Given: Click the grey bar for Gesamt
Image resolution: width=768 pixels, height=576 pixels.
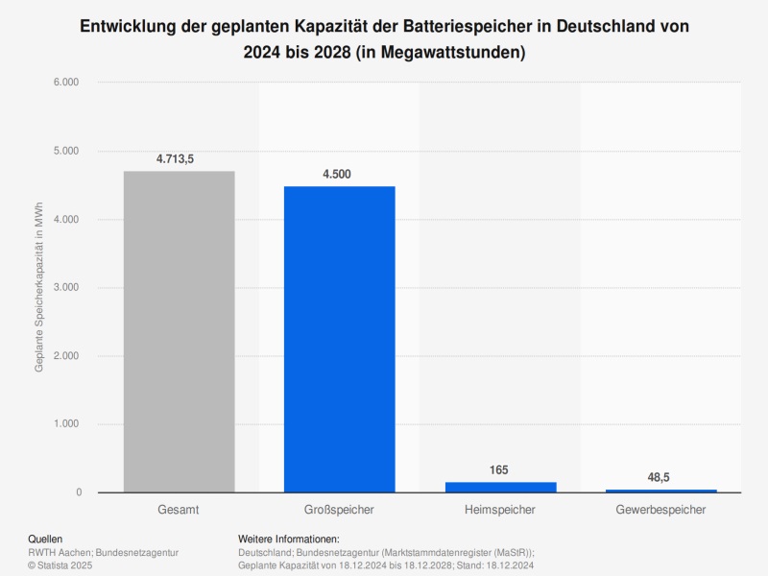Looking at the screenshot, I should tap(179, 331).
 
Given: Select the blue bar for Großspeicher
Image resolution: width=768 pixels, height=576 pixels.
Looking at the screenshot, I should tap(339, 339).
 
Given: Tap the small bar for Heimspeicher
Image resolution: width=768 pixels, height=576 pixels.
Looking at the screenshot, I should tap(500, 487).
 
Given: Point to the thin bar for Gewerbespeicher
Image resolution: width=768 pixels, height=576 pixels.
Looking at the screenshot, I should tap(660, 491).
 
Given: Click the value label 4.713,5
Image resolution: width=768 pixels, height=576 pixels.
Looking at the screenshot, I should tap(175, 158).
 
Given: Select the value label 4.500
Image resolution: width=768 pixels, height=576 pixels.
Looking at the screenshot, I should tap(339, 174).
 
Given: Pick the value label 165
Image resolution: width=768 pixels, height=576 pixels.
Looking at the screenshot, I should tap(498, 469).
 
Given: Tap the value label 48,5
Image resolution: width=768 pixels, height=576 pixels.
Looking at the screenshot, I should tap(660, 476).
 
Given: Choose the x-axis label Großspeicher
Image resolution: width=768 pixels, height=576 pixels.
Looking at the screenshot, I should tap(339, 509).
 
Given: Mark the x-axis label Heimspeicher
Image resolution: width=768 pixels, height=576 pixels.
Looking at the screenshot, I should tap(500, 509).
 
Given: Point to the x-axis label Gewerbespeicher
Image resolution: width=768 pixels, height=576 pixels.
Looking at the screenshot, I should tap(660, 509).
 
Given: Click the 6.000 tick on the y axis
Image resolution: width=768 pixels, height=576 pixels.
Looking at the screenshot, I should tap(66, 83).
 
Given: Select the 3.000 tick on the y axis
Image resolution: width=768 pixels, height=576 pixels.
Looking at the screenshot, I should tap(66, 288).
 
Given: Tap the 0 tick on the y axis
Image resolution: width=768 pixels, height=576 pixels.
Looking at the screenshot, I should tap(78, 492).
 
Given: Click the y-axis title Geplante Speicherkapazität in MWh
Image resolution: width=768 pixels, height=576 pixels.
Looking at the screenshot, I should tap(39, 288).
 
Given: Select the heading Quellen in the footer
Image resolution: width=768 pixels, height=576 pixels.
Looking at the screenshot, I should tap(46, 540).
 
